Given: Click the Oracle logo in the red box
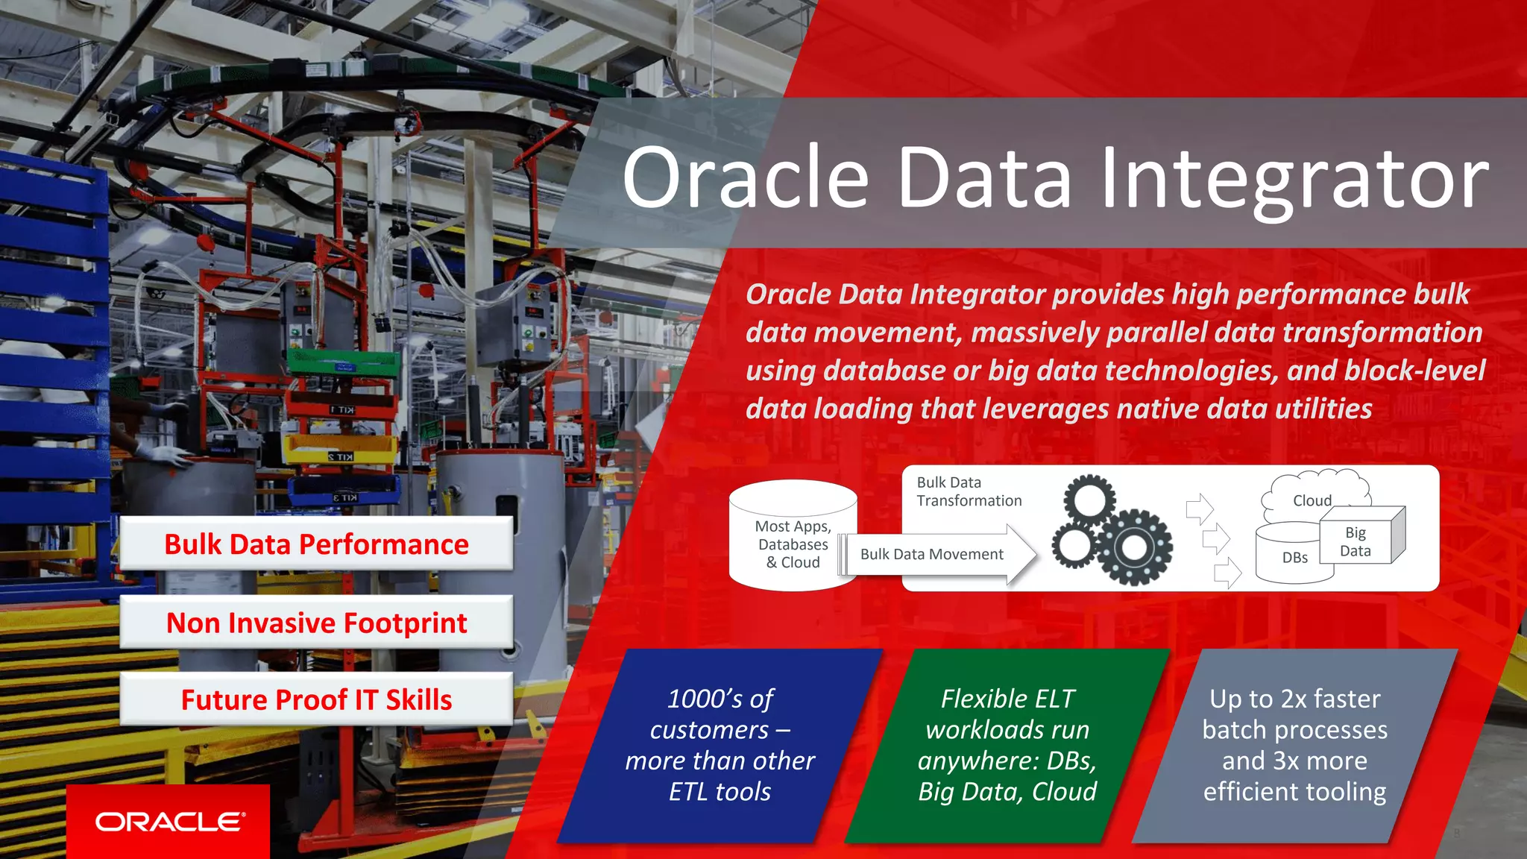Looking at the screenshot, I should tap(169, 822).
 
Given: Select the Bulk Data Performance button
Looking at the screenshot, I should tap(316, 544).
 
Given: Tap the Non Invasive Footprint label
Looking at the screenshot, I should tap(316, 623).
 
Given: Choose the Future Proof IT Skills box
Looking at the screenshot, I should tap(316, 699).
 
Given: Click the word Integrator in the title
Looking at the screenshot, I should tap(1294, 179).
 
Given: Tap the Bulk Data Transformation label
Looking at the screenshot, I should tap(969, 492).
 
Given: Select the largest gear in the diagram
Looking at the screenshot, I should tap(1133, 548).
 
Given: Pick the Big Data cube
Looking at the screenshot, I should tap(1358, 541).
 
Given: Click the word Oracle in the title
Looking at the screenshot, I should tap(746, 179).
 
